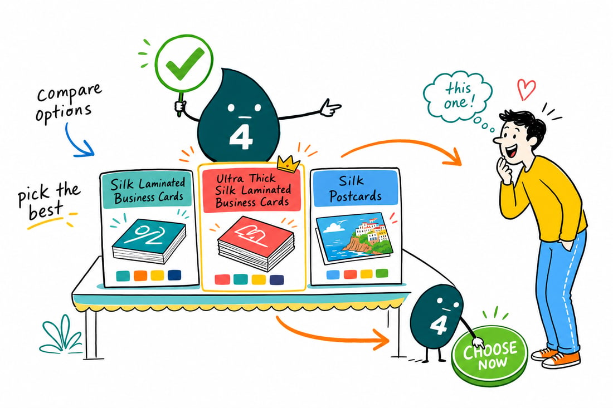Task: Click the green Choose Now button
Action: click(489, 355)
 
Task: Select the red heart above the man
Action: click(526, 90)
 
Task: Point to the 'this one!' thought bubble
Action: click(458, 96)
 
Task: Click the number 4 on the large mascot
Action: click(240, 137)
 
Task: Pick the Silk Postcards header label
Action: click(355, 188)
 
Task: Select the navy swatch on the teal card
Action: click(174, 276)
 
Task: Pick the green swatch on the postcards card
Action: click(382, 273)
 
